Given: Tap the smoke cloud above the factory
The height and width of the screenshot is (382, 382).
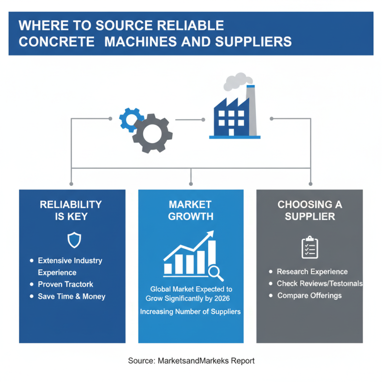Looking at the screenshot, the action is (x=238, y=81).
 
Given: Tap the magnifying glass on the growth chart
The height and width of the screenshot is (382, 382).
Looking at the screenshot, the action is (x=216, y=274).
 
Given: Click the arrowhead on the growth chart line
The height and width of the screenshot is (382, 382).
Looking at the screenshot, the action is (x=210, y=234).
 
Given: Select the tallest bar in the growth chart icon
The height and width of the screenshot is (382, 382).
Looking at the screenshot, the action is (x=212, y=253).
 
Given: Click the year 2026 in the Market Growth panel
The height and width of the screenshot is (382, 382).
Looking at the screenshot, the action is (x=222, y=298).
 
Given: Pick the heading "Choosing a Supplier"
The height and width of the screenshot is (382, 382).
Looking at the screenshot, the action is (x=310, y=211).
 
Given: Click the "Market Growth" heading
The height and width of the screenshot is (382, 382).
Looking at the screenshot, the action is (x=191, y=211).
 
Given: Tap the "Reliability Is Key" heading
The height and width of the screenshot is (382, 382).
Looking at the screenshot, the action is (x=71, y=211).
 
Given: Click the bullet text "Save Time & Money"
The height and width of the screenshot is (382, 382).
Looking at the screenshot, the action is (x=72, y=296).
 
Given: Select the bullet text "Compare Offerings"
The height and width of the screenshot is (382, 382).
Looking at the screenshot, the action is (x=309, y=296).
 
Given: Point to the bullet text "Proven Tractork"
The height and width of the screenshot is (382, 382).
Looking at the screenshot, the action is (x=65, y=284).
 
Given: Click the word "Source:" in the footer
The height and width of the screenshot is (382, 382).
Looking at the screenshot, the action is (x=142, y=361).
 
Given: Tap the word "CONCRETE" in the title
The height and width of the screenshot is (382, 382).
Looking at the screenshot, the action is (x=56, y=42).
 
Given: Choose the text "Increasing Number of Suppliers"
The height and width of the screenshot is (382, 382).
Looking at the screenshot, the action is (x=190, y=312).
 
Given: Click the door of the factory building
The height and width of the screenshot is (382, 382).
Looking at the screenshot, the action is (x=231, y=132).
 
